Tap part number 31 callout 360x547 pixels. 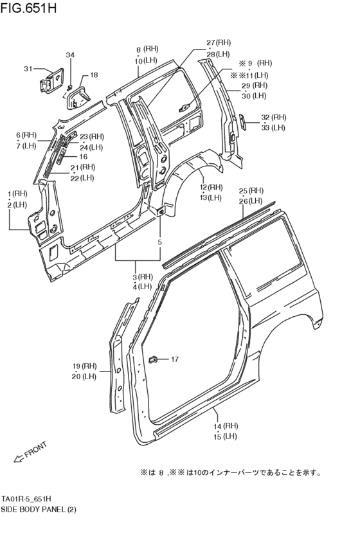pyautogui.click(x=28, y=69)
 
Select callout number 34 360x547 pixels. pyautogui.click(x=70, y=55)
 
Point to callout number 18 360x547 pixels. pyautogui.click(x=94, y=75)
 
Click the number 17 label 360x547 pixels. pyautogui.click(x=175, y=359)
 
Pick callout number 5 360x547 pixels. pyautogui.click(x=159, y=242)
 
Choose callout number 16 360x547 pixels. pyautogui.click(x=83, y=156)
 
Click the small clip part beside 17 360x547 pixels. pyautogui.click(x=154, y=359)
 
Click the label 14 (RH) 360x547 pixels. pyautogui.click(x=226, y=426)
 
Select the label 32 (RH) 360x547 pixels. pyautogui.click(x=273, y=117)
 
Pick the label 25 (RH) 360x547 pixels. pyautogui.click(x=251, y=191)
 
